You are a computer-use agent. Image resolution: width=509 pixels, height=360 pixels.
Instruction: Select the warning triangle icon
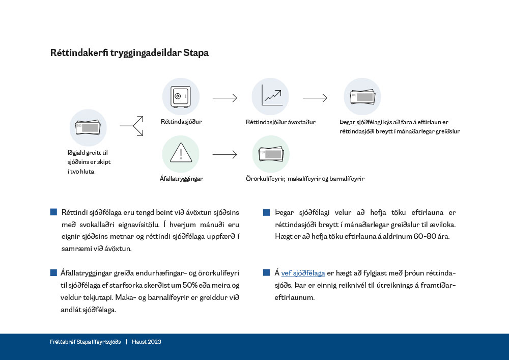(180, 153)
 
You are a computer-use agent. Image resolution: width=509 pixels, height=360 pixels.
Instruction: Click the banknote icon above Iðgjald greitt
(88, 128)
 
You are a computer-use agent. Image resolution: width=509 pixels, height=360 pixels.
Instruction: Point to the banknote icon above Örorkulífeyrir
(271, 154)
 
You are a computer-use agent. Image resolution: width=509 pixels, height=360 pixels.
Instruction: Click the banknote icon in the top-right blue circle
(362, 97)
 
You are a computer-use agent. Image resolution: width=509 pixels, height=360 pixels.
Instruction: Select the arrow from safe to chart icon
(225, 98)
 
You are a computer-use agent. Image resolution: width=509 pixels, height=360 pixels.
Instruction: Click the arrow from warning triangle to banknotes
(225, 154)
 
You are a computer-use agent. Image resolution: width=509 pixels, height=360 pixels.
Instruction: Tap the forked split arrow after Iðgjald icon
(131, 125)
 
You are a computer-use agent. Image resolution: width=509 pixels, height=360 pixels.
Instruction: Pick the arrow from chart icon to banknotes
(315, 98)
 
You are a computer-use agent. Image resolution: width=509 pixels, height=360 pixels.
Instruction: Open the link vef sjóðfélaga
(303, 273)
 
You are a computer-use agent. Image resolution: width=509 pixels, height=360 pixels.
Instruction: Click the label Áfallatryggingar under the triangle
(181, 179)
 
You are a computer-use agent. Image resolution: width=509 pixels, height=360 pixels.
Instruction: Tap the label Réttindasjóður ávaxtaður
(280, 122)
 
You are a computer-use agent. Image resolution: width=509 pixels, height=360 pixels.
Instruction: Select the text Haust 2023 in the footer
(147, 342)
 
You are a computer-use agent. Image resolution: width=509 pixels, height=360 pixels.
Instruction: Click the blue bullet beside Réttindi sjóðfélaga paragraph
(53, 212)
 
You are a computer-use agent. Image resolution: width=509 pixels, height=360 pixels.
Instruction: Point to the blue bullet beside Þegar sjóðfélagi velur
(266, 212)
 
